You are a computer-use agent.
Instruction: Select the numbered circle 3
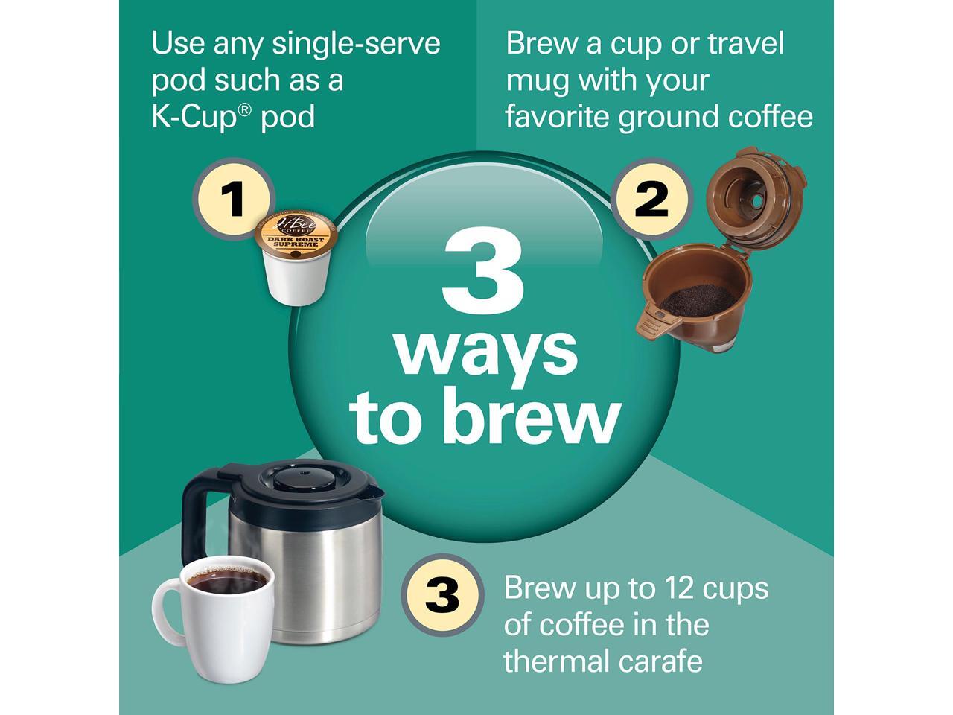coord(442,596)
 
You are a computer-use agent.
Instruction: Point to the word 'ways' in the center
coord(486,352)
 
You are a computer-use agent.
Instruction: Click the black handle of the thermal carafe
coord(198,507)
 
